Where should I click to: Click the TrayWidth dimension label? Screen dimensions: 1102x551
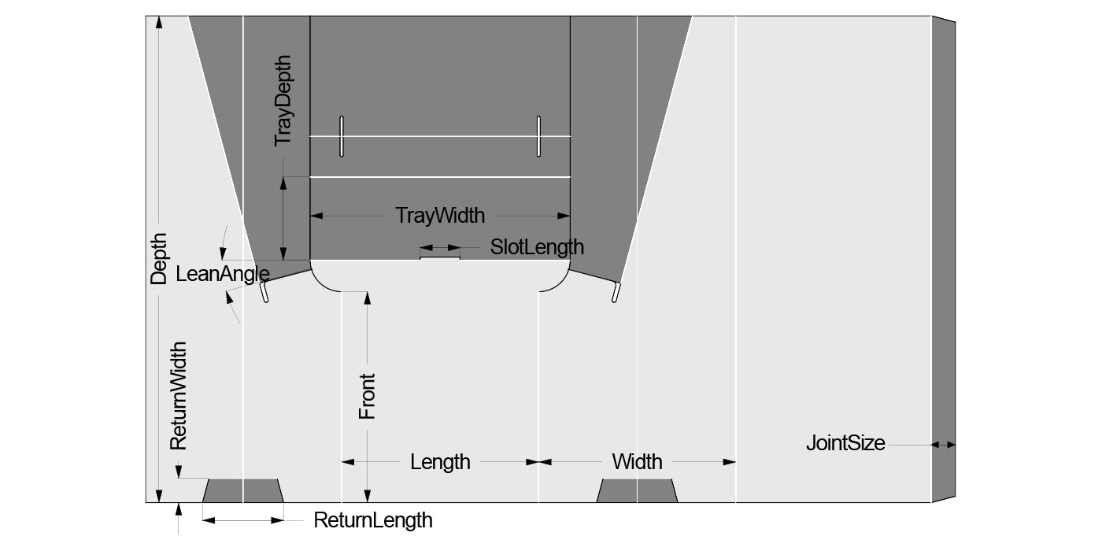point(440,215)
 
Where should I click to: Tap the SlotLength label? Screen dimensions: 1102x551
point(537,247)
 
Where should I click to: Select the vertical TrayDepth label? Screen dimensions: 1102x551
point(283,100)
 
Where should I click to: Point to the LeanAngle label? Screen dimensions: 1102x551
point(223,274)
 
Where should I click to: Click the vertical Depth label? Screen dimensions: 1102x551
point(159,259)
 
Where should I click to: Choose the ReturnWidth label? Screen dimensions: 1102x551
point(179,395)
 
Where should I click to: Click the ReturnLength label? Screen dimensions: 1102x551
point(373,520)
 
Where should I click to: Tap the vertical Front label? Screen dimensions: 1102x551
point(367,396)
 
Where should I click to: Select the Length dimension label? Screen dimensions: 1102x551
point(440,462)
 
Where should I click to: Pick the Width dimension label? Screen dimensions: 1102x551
point(637,462)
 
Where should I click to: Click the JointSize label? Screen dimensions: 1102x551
point(845,443)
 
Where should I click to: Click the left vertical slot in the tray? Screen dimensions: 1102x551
point(342,136)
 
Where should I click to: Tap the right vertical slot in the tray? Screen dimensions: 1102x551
point(539,136)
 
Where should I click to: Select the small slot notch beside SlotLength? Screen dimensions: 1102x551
point(440,256)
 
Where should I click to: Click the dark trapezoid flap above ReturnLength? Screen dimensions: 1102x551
point(242,490)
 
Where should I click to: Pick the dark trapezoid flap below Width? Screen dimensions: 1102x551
point(637,490)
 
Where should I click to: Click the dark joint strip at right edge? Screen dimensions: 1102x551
point(943,260)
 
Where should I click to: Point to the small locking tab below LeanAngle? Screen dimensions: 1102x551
point(265,293)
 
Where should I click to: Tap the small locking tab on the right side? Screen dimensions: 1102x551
point(615,293)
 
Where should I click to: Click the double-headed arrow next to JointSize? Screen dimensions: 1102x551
point(943,445)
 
